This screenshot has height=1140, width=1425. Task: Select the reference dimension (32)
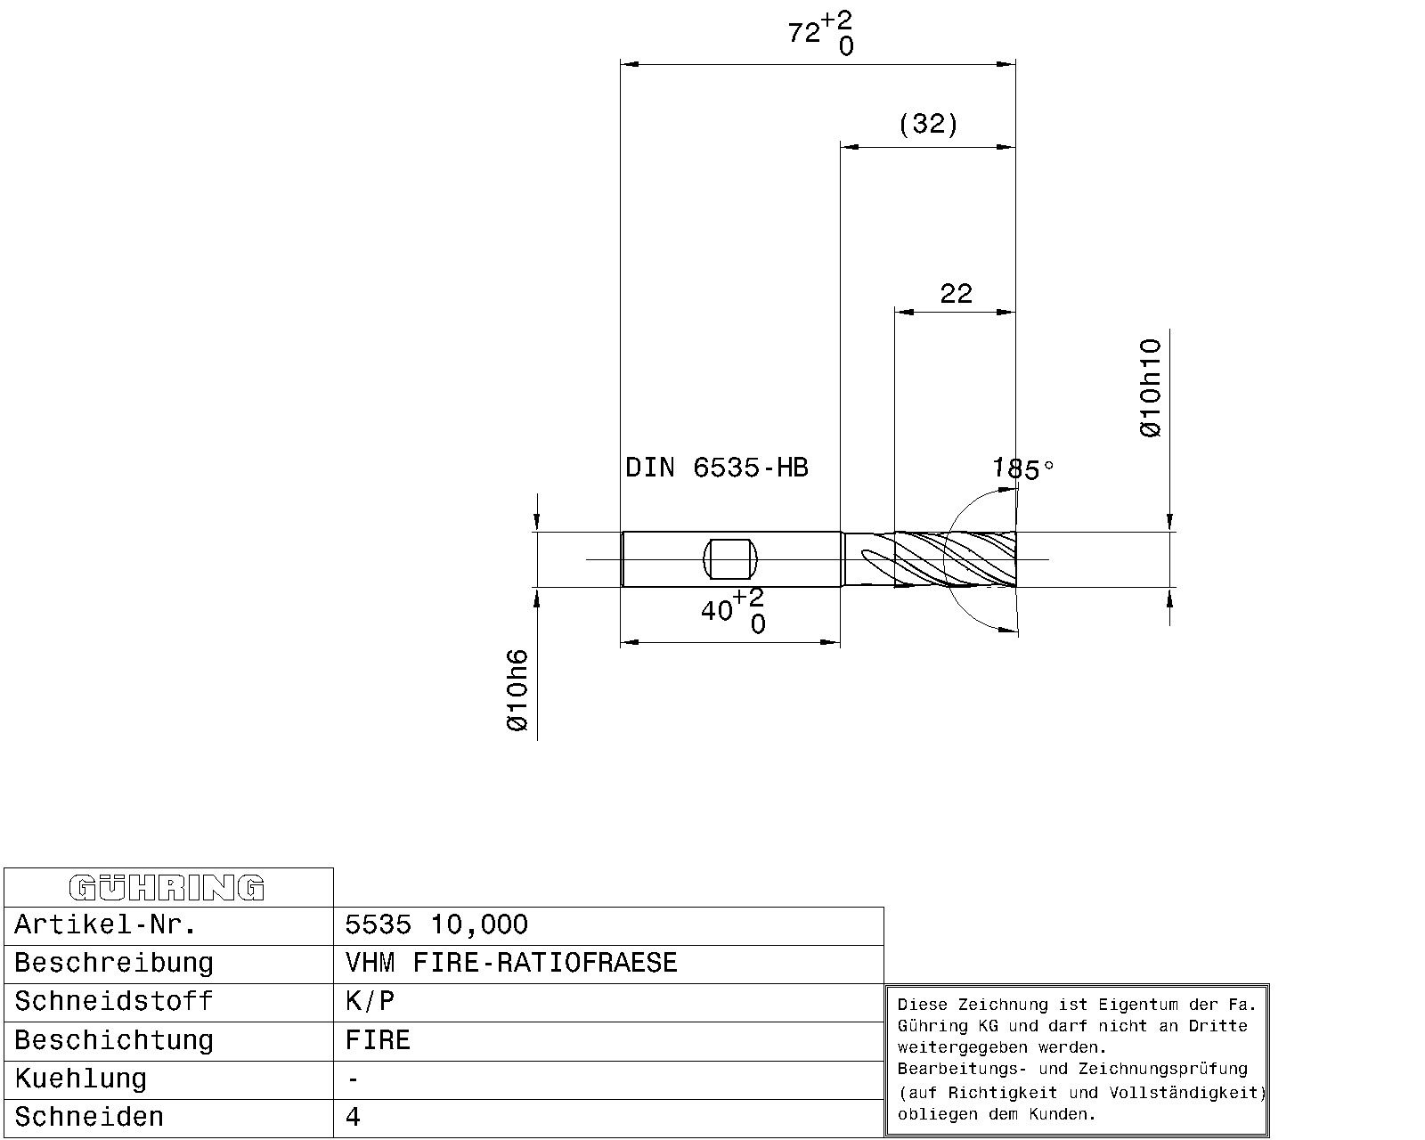tap(928, 124)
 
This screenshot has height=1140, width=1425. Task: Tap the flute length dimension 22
tap(956, 293)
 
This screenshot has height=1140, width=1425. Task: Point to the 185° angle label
tap(1023, 469)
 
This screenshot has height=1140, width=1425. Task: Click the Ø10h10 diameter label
tap(1151, 387)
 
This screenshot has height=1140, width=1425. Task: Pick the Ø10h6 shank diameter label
tap(517, 690)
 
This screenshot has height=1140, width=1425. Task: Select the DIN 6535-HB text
tap(716, 468)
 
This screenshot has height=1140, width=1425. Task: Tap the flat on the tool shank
tap(729, 559)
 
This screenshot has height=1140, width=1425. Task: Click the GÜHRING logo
tap(167, 888)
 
